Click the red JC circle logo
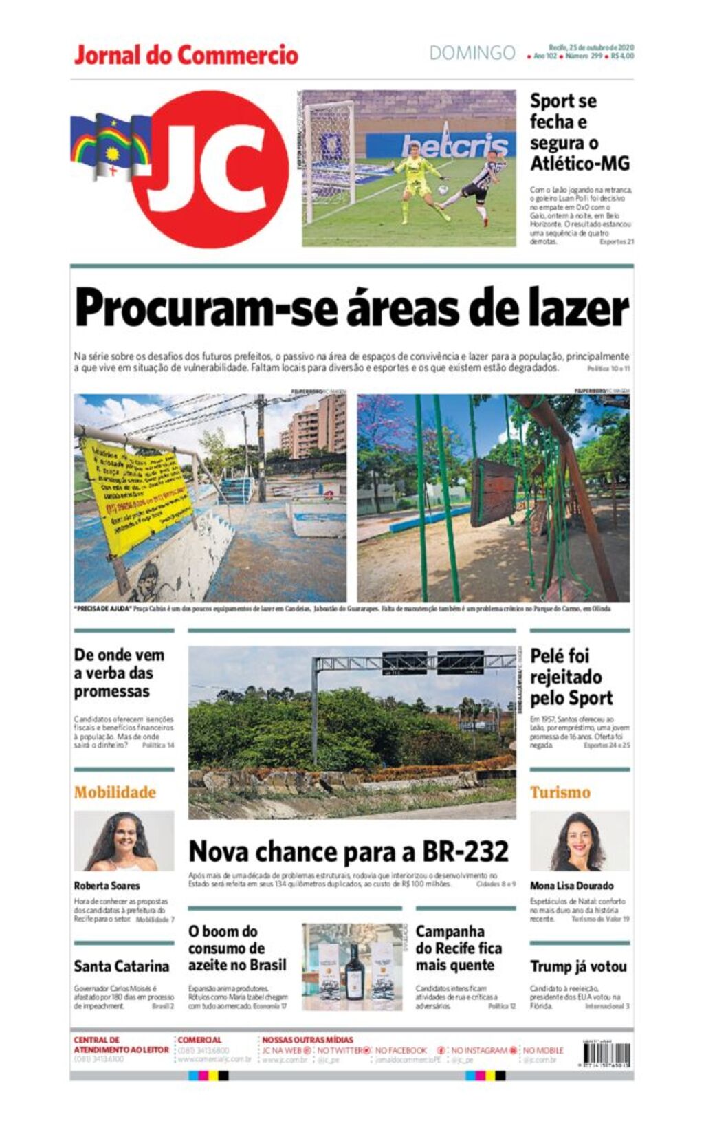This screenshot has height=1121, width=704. pyautogui.click(x=210, y=168)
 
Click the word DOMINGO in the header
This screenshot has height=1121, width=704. pyautogui.click(x=472, y=53)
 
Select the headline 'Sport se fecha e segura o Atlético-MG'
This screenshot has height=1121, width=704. pyautogui.click(x=579, y=132)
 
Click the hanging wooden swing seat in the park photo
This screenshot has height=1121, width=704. pyautogui.click(x=493, y=492)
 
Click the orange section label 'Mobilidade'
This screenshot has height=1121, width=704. pyautogui.click(x=115, y=792)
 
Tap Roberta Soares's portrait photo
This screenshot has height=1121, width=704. pyautogui.click(x=124, y=840)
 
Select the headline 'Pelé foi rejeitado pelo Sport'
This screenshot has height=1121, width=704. pyautogui.click(x=571, y=677)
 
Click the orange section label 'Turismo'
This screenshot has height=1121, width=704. pyautogui.click(x=560, y=792)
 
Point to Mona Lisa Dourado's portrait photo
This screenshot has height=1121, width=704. pyautogui.click(x=579, y=840)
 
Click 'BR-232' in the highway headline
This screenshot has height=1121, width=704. pyautogui.click(x=465, y=851)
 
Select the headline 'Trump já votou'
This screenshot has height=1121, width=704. pyautogui.click(x=578, y=966)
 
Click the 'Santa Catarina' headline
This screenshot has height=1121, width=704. pyautogui.click(x=122, y=966)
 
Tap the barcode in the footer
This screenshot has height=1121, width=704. pyautogui.click(x=606, y=1054)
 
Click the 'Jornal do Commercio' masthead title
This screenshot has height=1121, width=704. pyautogui.click(x=186, y=55)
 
